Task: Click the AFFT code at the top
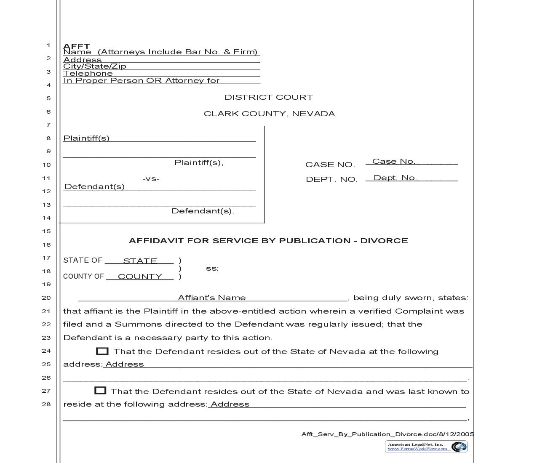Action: [x=76, y=46]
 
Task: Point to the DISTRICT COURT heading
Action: [x=269, y=97]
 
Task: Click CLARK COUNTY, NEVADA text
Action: [x=269, y=114]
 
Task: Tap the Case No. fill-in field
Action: [x=411, y=161]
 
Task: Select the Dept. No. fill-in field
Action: [x=411, y=178]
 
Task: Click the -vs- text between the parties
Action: [x=151, y=178]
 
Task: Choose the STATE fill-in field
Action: [x=139, y=261]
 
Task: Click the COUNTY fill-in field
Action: [x=140, y=277]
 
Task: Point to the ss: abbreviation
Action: [x=212, y=269]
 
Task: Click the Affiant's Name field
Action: [x=212, y=298]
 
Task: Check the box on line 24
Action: [x=102, y=351]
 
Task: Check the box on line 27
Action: [x=100, y=391]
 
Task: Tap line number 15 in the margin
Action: [x=46, y=231]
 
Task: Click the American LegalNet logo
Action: [x=426, y=446]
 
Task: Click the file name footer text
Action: [x=387, y=434]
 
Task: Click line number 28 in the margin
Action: [x=46, y=404]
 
